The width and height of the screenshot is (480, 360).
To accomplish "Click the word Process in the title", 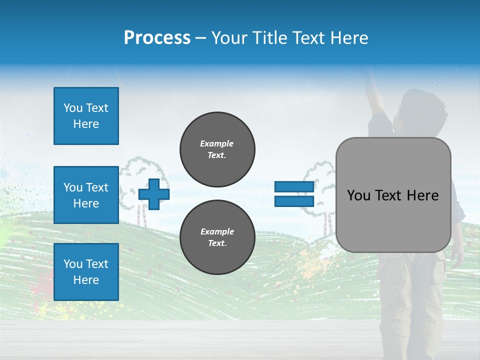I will pos(157,38).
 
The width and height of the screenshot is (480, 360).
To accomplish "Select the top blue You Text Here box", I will pos(86,116).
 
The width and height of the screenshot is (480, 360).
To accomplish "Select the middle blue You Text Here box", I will pos(86,195).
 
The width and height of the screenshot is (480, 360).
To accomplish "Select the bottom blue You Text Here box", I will pos(86,271).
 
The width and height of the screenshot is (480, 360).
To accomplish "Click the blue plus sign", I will pos(154,194).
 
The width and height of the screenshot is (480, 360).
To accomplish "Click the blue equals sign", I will pos(294,194).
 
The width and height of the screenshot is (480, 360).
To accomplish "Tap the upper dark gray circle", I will pos(217,149).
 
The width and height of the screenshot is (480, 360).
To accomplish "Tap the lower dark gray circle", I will pos(217,237).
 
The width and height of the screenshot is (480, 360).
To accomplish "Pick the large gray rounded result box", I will pos(393,195).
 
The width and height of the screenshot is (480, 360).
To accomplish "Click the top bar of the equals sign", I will pos(294,187).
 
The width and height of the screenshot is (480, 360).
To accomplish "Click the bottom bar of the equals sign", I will pos(294,201).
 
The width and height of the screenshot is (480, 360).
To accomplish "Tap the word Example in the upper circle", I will pos(217,143).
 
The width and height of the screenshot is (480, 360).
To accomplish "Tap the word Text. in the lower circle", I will pos(217,243).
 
